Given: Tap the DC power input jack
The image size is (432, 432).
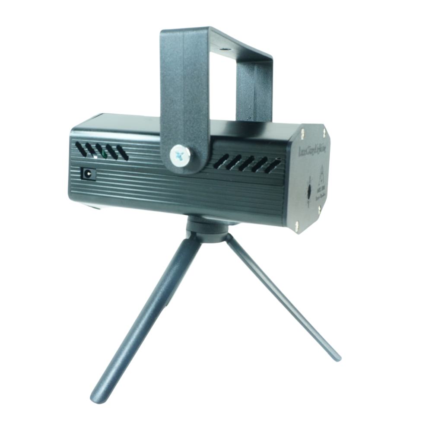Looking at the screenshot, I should (89, 175).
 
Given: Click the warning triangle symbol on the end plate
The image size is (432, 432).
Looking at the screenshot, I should (321, 178).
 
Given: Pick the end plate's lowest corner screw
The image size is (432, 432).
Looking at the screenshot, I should (297, 224).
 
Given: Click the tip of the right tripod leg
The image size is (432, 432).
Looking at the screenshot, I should (337, 358).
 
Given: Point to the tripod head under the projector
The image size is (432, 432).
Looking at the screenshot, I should (208, 229).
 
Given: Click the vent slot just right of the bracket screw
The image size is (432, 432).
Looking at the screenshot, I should (221, 161).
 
